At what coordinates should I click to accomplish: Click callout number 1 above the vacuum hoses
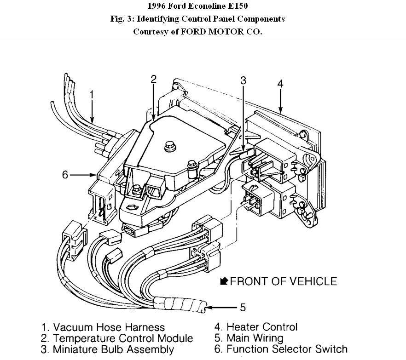(92, 95)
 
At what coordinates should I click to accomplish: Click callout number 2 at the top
(154, 79)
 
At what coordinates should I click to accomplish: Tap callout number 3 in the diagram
(243, 80)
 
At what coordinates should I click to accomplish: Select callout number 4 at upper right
(280, 83)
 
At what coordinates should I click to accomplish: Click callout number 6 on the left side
(65, 175)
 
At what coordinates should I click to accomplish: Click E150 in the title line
(242, 6)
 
